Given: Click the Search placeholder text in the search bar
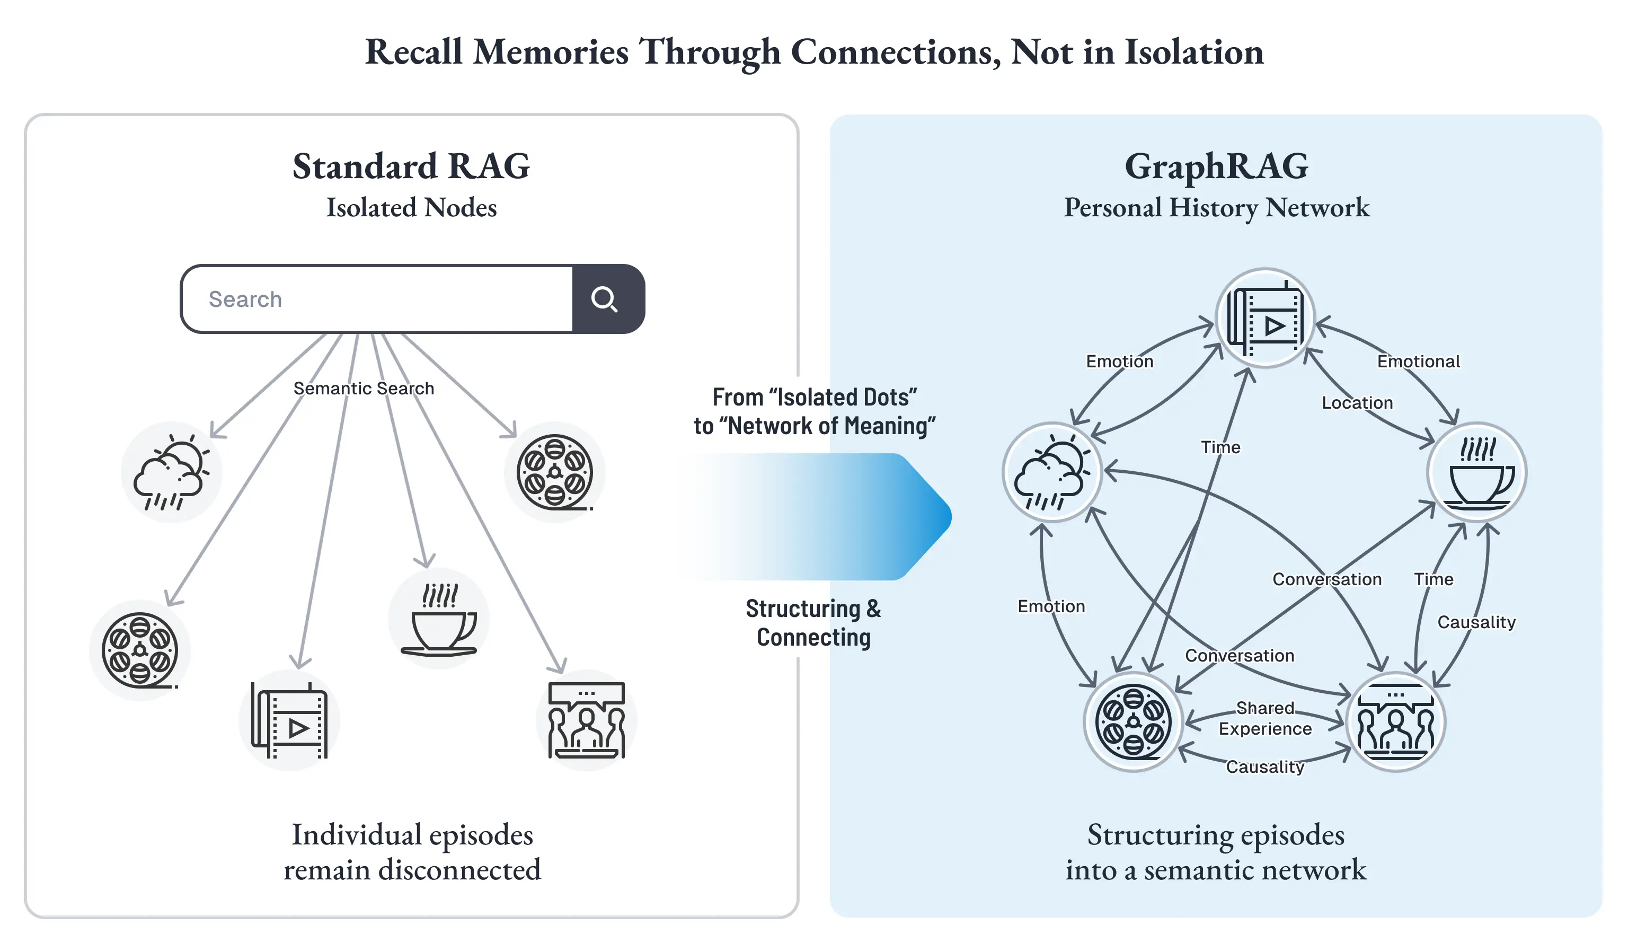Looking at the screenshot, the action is [x=245, y=299].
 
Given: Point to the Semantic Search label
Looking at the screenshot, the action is [x=364, y=389].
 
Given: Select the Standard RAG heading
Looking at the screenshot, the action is [x=412, y=166].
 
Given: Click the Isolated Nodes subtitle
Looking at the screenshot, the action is [x=412, y=207].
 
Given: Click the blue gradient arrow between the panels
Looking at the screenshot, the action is [x=820, y=516].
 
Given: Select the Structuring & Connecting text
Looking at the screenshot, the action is [x=814, y=622].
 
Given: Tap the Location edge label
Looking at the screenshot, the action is [x=1357, y=403].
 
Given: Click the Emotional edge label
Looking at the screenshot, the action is [x=1419, y=362].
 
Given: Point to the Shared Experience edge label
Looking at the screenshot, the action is [x=1266, y=718].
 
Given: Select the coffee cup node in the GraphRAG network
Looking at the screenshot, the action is [x=1477, y=472].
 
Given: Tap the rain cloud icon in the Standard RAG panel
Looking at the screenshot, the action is [x=172, y=472].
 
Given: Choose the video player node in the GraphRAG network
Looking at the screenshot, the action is [x=1266, y=318].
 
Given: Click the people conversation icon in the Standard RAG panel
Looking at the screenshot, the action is [x=587, y=720].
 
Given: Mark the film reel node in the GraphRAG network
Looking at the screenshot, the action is [x=1134, y=721].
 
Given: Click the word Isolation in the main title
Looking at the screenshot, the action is [x=1194, y=52].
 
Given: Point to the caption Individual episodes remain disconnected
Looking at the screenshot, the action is [x=412, y=852].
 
